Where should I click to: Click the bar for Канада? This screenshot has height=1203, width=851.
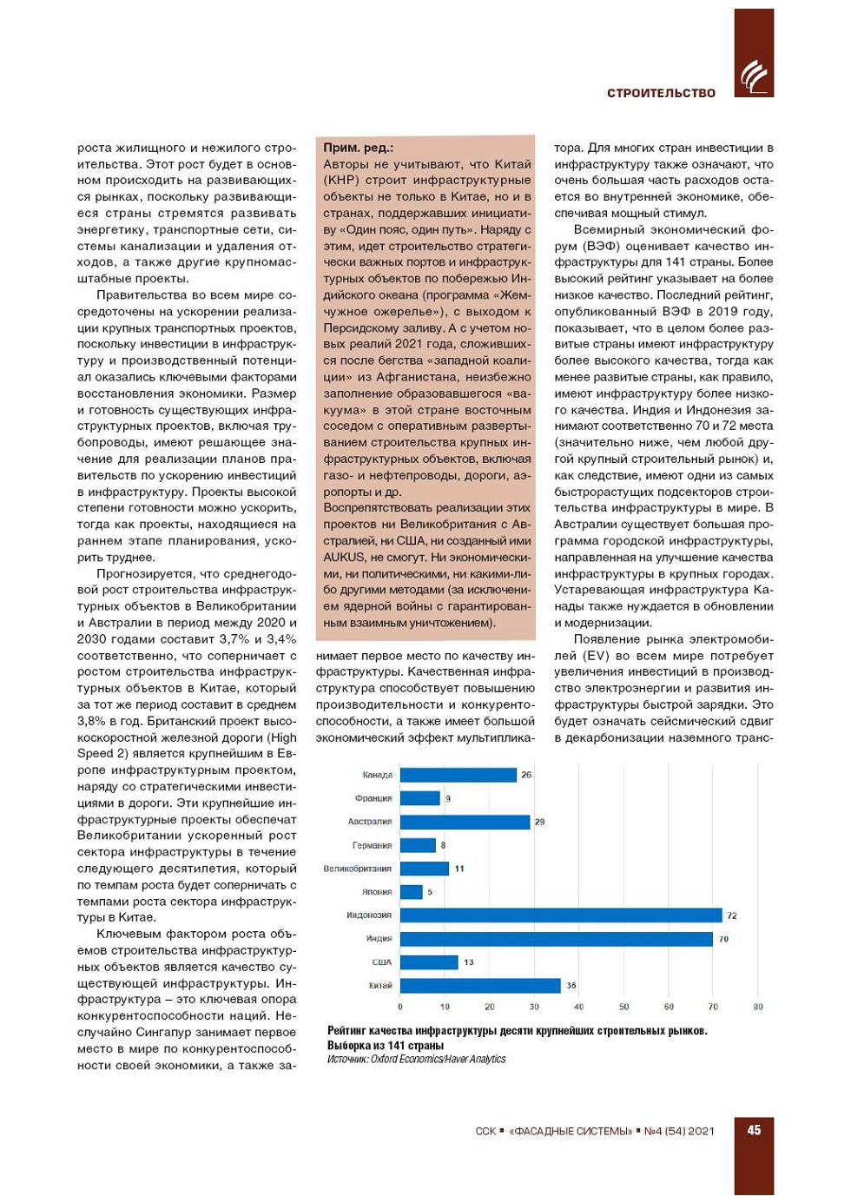coord(458,775)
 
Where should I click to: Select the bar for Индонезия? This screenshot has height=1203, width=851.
coord(561,915)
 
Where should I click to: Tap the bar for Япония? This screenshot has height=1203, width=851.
coord(412,892)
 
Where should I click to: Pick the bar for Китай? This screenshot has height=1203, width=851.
coord(480,986)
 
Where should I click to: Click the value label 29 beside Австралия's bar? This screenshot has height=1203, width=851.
coord(539,822)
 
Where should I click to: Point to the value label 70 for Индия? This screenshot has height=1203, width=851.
coord(723,939)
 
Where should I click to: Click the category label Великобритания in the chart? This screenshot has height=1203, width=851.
coord(357,869)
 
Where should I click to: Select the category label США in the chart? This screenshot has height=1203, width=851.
coord(381,962)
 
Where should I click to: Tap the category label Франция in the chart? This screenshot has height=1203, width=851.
coord(373,798)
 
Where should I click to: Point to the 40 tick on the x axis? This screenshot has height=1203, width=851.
coord(578,1008)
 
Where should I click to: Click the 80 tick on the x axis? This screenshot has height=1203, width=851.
coord(758,1008)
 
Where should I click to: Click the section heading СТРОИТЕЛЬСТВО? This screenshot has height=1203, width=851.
coord(661,93)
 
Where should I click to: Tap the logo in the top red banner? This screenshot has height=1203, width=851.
coord(753,76)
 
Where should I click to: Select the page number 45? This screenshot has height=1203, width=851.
coord(754,1130)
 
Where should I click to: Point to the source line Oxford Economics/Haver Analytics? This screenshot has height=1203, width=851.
coord(416,1060)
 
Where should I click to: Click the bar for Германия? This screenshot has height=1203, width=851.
coord(418,845)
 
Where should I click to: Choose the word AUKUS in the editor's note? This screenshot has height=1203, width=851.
coord(345,558)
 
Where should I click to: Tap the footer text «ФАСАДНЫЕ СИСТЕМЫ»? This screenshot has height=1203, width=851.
coord(571,1131)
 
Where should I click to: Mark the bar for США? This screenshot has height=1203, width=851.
coord(429,962)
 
